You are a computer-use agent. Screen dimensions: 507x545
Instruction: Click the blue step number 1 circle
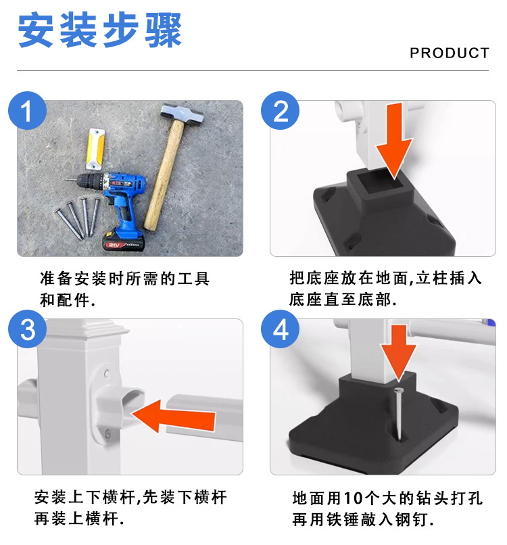pos(28,110)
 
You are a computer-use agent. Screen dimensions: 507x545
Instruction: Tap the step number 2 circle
pos(280,110)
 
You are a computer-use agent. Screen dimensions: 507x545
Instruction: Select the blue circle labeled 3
pos(28,329)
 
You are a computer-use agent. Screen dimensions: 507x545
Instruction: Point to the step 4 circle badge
pos(280,329)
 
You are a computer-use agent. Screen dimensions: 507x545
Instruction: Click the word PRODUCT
pos(450,53)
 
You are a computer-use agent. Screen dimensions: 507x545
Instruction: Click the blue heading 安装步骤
pos(100,30)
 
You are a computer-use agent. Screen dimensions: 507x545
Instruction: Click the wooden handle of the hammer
pos(164,176)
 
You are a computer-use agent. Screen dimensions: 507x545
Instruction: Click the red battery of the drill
pos(123,241)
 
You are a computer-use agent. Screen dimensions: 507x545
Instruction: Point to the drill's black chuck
pos(89,181)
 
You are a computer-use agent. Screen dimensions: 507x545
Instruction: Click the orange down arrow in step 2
pos(394,141)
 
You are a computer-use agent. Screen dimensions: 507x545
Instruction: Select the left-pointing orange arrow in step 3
pos(174,417)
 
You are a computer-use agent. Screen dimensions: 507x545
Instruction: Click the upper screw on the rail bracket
pos(107,374)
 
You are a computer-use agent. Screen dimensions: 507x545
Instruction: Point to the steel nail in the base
pos(399,414)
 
